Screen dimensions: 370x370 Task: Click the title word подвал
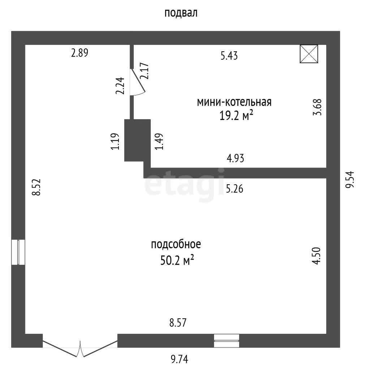pos(181,13)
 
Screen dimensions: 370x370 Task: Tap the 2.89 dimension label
pos(79,53)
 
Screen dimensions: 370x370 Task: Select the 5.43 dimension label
pos(229,56)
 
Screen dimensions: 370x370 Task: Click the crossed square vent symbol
pos(309,54)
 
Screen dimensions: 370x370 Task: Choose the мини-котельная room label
pos(234,102)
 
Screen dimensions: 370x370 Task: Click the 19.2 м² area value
pos(236,115)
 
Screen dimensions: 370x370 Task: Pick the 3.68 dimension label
pos(317,107)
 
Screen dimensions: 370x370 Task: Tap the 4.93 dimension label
pos(235,158)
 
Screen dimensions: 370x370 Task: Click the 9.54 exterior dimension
pos(350,179)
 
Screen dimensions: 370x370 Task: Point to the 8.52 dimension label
pos(36,187)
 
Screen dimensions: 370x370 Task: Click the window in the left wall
pos(18,252)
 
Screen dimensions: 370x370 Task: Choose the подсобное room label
pos(176,245)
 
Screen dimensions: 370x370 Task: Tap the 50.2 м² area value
pos(177,261)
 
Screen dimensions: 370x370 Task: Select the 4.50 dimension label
pos(317,256)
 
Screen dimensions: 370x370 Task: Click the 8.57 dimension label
pos(178,323)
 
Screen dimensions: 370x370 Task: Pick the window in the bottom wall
pos(227,341)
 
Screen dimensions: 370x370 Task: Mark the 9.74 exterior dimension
pos(179,359)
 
